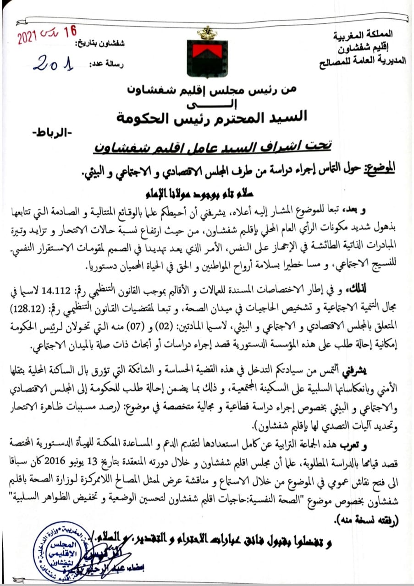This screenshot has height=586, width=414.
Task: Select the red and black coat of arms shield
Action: [x=207, y=59]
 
